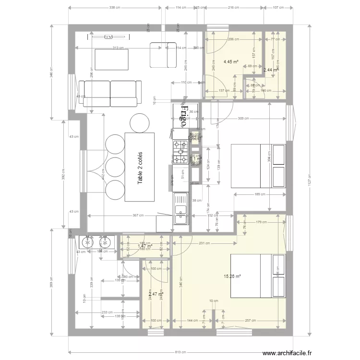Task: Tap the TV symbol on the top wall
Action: pos(108,36)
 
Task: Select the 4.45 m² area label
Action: pos(231,61)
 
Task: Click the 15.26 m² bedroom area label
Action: pos(232,276)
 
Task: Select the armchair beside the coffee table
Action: pos(163,55)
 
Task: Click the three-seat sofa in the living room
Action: pos(111,92)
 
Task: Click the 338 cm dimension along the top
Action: pos(115,8)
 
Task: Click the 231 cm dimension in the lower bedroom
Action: pos(204,243)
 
